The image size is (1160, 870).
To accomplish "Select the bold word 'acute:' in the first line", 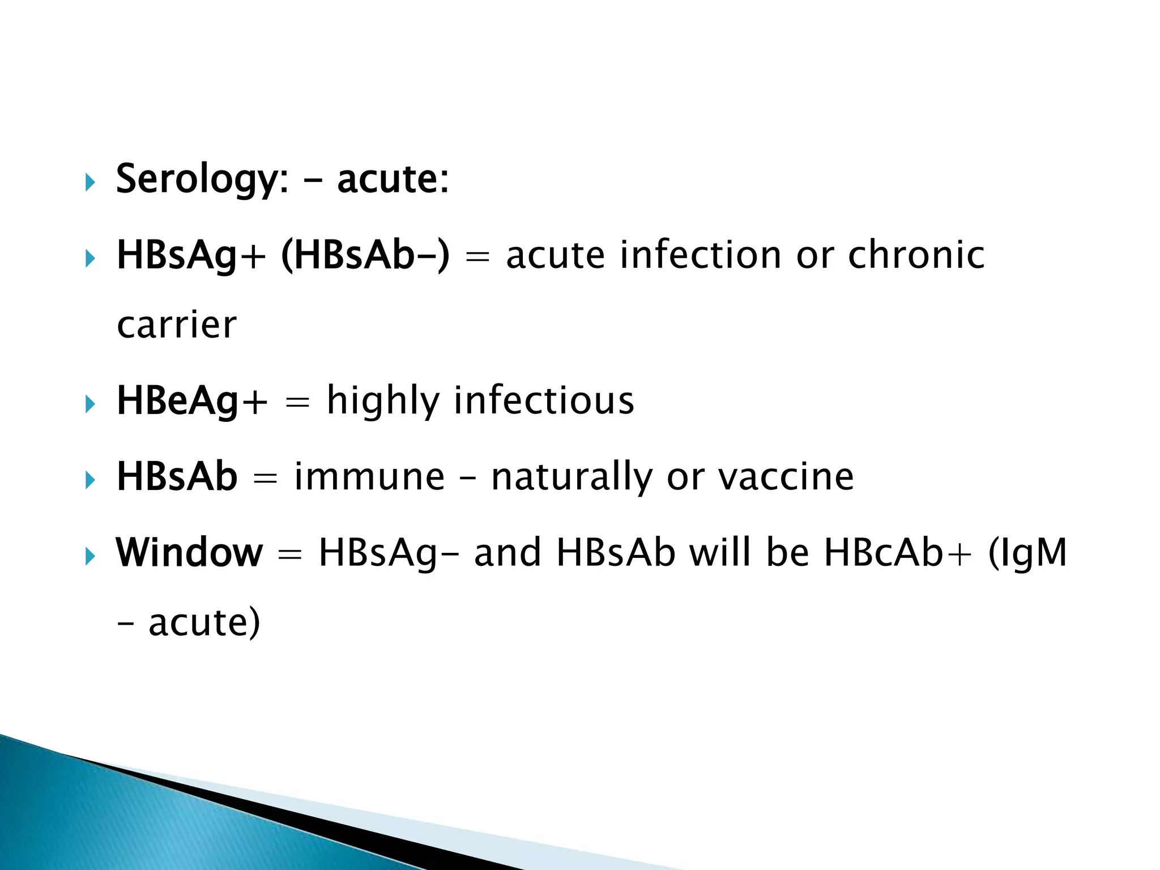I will [393, 179].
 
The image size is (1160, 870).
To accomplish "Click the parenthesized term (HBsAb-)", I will [365, 255].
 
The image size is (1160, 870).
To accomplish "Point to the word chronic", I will [916, 255].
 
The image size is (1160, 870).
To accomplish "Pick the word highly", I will [383, 401].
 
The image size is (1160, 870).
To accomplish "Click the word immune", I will [369, 476].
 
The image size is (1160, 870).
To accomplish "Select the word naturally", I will [572, 477].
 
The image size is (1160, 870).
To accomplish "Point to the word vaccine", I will [786, 476].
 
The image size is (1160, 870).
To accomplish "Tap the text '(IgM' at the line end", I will [1027, 553].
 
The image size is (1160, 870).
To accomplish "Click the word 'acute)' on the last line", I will [204, 622].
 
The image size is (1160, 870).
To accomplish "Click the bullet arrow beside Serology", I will [89, 182].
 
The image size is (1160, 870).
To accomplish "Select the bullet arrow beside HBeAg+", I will [89, 404].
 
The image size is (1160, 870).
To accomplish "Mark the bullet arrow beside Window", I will [89, 556].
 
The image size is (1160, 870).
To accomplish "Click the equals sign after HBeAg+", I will [297, 403].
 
